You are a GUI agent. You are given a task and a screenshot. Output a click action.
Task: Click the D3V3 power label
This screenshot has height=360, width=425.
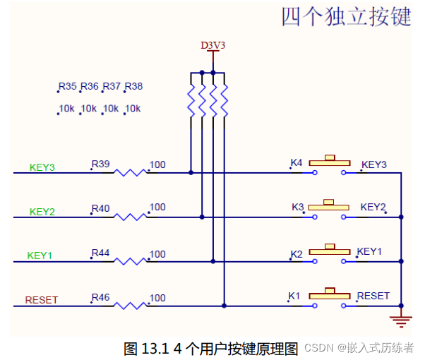coord(213,45)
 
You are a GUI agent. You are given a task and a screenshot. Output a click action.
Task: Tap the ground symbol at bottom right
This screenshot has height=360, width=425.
coord(400,319)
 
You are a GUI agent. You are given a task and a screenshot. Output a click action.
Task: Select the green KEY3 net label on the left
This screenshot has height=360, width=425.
coord(42,167)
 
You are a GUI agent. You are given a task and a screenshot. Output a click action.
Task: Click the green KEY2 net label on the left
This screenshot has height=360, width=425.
coord(42,212)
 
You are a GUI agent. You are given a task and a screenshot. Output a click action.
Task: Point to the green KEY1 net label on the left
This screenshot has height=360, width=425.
coord(40,255)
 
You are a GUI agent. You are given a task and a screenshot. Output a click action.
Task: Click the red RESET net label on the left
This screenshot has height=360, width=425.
coord(42,299)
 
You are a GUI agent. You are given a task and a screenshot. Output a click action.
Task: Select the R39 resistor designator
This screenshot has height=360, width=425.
coord(100,164)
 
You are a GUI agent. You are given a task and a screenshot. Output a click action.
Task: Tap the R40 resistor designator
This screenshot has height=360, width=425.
coord(100,208)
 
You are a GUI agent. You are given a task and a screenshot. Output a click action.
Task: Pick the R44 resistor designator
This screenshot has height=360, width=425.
coord(100,253)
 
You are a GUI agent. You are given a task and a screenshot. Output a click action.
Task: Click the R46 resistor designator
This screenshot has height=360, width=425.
coord(100,297)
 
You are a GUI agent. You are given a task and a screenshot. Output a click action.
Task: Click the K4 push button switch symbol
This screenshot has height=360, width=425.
coord(328,165)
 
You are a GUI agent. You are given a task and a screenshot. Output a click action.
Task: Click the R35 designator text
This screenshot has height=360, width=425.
coord(68,87)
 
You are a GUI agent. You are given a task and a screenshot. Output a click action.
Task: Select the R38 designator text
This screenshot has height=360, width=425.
coord(133,87)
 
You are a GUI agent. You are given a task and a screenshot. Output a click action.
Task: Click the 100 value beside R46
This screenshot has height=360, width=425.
coord(157,298)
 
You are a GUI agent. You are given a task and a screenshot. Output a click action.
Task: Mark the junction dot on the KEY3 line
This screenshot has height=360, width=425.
coord(191,172)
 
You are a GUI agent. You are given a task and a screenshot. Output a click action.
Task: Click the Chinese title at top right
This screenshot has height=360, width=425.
coord(346,17)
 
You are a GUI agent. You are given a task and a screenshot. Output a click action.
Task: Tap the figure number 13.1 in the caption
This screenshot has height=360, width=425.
coord(155,348)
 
